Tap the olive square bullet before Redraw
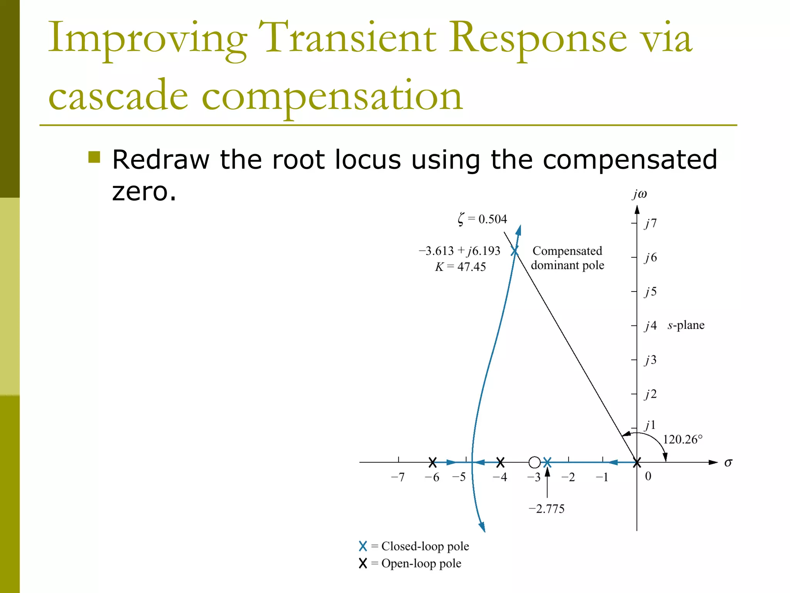[x=94, y=157]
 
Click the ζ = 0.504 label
[x=482, y=219]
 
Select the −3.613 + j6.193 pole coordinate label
[x=459, y=251]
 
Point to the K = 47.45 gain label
[x=460, y=267]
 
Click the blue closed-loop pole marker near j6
[x=515, y=251]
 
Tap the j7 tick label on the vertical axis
[x=650, y=223]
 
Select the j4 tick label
[x=650, y=326]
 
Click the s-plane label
[x=686, y=325]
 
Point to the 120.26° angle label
[x=682, y=439]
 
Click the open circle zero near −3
[x=534, y=462]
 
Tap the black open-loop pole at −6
[x=432, y=462]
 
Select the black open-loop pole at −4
[x=500, y=462]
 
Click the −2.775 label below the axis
[x=546, y=509]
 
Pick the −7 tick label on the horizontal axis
[x=398, y=478]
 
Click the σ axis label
[x=728, y=463]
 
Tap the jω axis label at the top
[x=639, y=194]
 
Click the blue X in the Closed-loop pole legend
[x=363, y=546]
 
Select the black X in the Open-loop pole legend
[x=363, y=564]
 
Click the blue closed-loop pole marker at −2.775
[x=547, y=462]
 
